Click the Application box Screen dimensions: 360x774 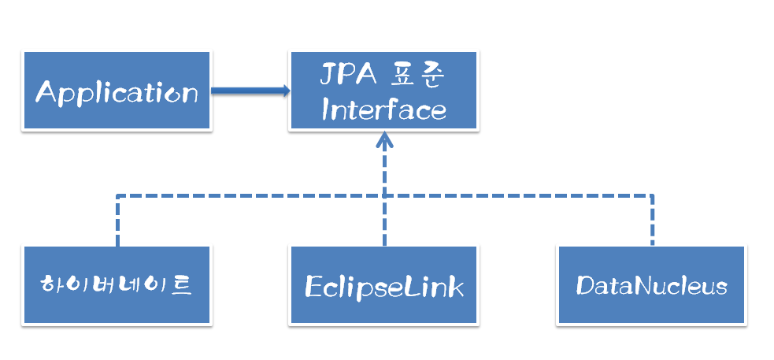[x=117, y=91]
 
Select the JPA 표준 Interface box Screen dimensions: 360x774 [x=383, y=91]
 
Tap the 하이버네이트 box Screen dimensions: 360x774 [x=117, y=284]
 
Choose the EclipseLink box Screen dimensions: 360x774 [x=383, y=284]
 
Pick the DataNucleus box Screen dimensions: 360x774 [x=651, y=284]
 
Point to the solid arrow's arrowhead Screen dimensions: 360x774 [x=284, y=91]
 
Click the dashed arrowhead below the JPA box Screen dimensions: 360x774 [x=384, y=139]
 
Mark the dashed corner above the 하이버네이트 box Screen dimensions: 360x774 [x=117, y=195]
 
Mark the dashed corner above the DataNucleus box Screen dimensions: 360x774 [x=652, y=195]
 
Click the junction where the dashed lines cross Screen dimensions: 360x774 [x=384, y=195]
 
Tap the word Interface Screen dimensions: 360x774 [x=383, y=109]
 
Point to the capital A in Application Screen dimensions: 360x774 [x=47, y=93]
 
